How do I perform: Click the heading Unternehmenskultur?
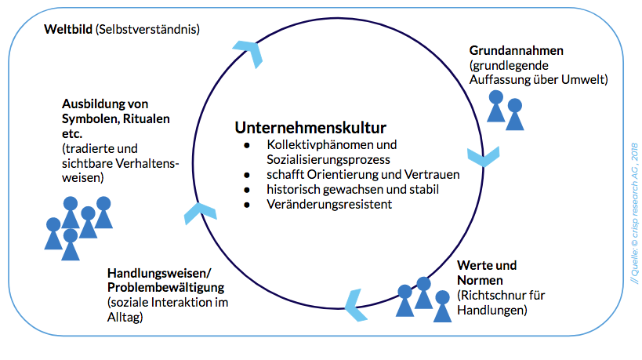point(310,127)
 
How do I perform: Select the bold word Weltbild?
point(68,29)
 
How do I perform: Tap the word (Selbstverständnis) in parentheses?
point(148,30)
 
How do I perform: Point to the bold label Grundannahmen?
point(517,50)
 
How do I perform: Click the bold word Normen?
point(480,281)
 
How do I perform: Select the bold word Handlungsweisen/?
point(159,273)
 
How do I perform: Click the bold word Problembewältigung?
point(166,288)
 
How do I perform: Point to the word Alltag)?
point(125,318)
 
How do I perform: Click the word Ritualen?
point(147,118)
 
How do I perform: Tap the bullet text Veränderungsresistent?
point(329,205)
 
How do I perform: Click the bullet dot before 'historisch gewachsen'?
point(247,190)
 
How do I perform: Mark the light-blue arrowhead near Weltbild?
point(248,53)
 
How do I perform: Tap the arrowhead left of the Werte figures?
point(355,305)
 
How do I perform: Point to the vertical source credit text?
point(634,213)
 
